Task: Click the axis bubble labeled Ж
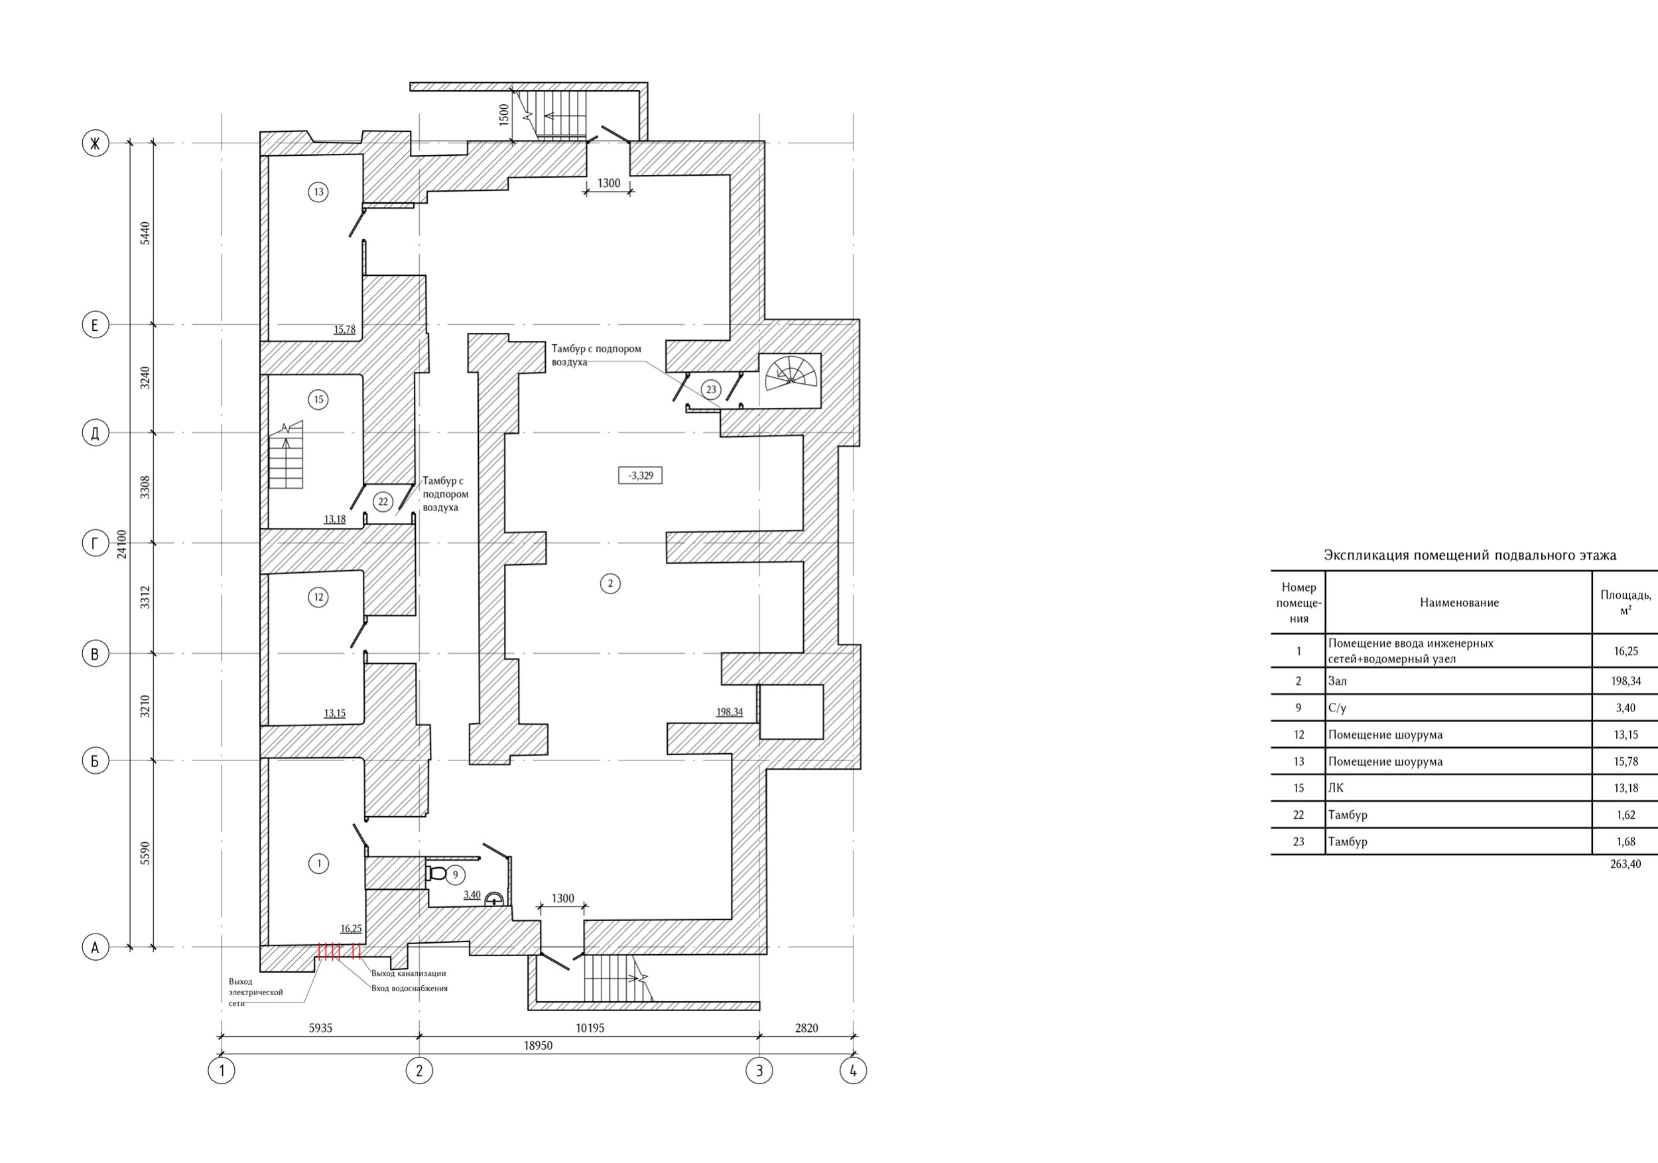click(x=95, y=143)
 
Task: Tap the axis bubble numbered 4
click(x=853, y=1070)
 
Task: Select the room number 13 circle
click(x=318, y=192)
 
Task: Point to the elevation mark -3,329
click(x=641, y=475)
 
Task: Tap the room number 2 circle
click(x=610, y=583)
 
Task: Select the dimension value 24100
click(x=122, y=544)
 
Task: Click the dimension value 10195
click(x=590, y=1027)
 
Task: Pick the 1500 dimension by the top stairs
click(x=504, y=114)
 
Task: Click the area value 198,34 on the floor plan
click(x=730, y=712)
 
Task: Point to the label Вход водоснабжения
click(x=409, y=989)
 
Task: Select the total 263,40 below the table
click(x=1625, y=864)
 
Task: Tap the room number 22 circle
click(x=383, y=502)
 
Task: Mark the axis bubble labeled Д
click(x=95, y=433)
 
